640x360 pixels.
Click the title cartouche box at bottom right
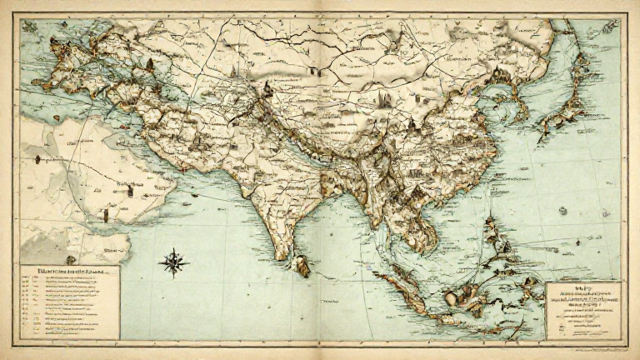click(583, 310)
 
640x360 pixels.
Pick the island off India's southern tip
click(303, 267)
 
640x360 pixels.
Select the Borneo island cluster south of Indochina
click(467, 296)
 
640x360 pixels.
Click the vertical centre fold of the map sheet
click(320, 180)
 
